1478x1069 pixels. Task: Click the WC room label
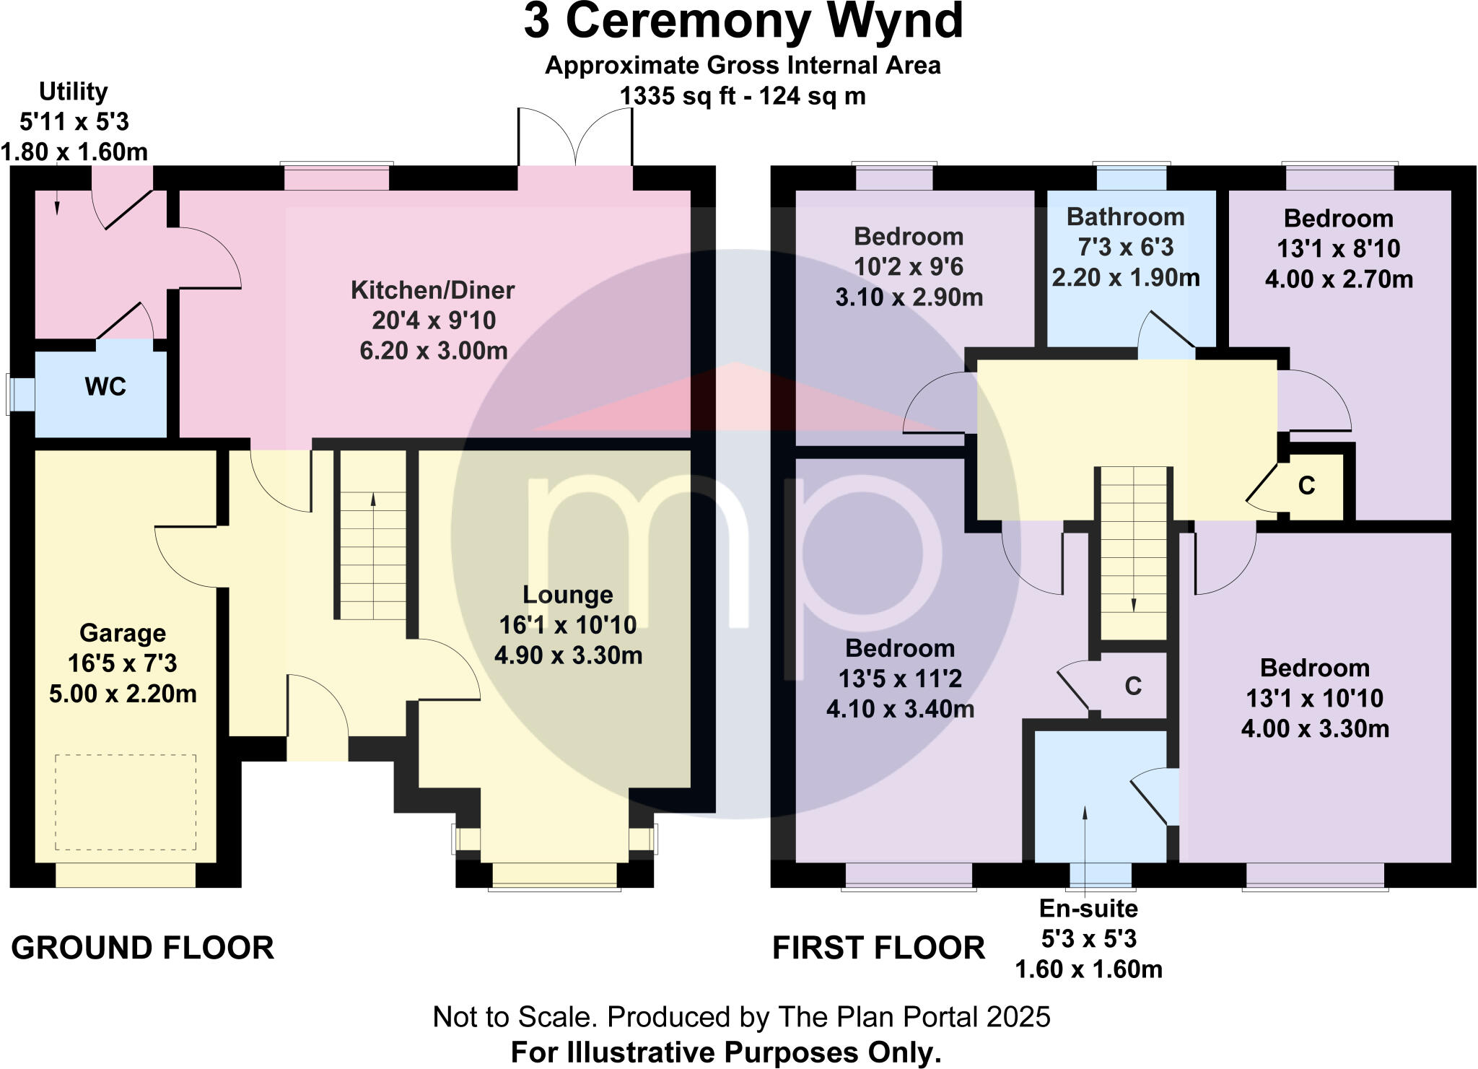click(x=105, y=387)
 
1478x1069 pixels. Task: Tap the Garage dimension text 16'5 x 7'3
click(x=122, y=663)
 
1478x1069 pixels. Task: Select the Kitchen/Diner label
click(x=432, y=290)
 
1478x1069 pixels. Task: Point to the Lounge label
click(x=567, y=595)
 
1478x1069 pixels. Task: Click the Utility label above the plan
click(x=73, y=92)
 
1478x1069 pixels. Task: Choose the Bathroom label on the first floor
click(x=1125, y=217)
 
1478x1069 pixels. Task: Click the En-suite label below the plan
click(x=1088, y=908)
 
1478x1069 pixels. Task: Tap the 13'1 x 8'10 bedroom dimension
click(x=1338, y=249)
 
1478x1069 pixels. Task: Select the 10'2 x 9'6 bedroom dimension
click(x=909, y=267)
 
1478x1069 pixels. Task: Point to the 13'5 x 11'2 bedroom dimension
click(x=899, y=679)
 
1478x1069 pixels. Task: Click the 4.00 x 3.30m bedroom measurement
click(x=1315, y=729)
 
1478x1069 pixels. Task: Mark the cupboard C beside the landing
click(x=1306, y=486)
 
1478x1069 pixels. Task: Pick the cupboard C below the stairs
click(x=1133, y=686)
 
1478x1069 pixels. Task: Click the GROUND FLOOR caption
click(x=143, y=948)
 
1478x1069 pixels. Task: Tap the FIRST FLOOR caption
click(x=878, y=948)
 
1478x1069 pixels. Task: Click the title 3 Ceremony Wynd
click(x=743, y=22)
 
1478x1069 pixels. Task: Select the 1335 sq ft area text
click(x=743, y=96)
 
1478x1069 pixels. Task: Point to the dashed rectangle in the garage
click(x=126, y=802)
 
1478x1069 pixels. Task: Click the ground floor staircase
click(x=373, y=535)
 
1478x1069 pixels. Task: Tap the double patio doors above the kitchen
click(x=575, y=137)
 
